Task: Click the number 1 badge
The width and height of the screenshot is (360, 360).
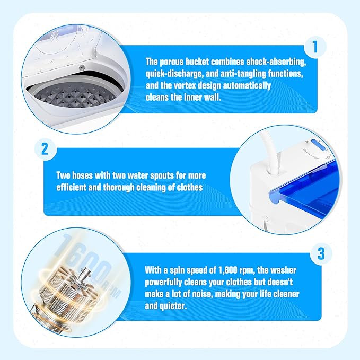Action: pyautogui.click(x=315, y=47)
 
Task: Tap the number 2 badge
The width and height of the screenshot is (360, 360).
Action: pyautogui.click(x=45, y=149)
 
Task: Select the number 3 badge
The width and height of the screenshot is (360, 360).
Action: pyautogui.click(x=321, y=254)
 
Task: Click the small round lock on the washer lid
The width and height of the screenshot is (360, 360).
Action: pyautogui.click(x=82, y=67)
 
